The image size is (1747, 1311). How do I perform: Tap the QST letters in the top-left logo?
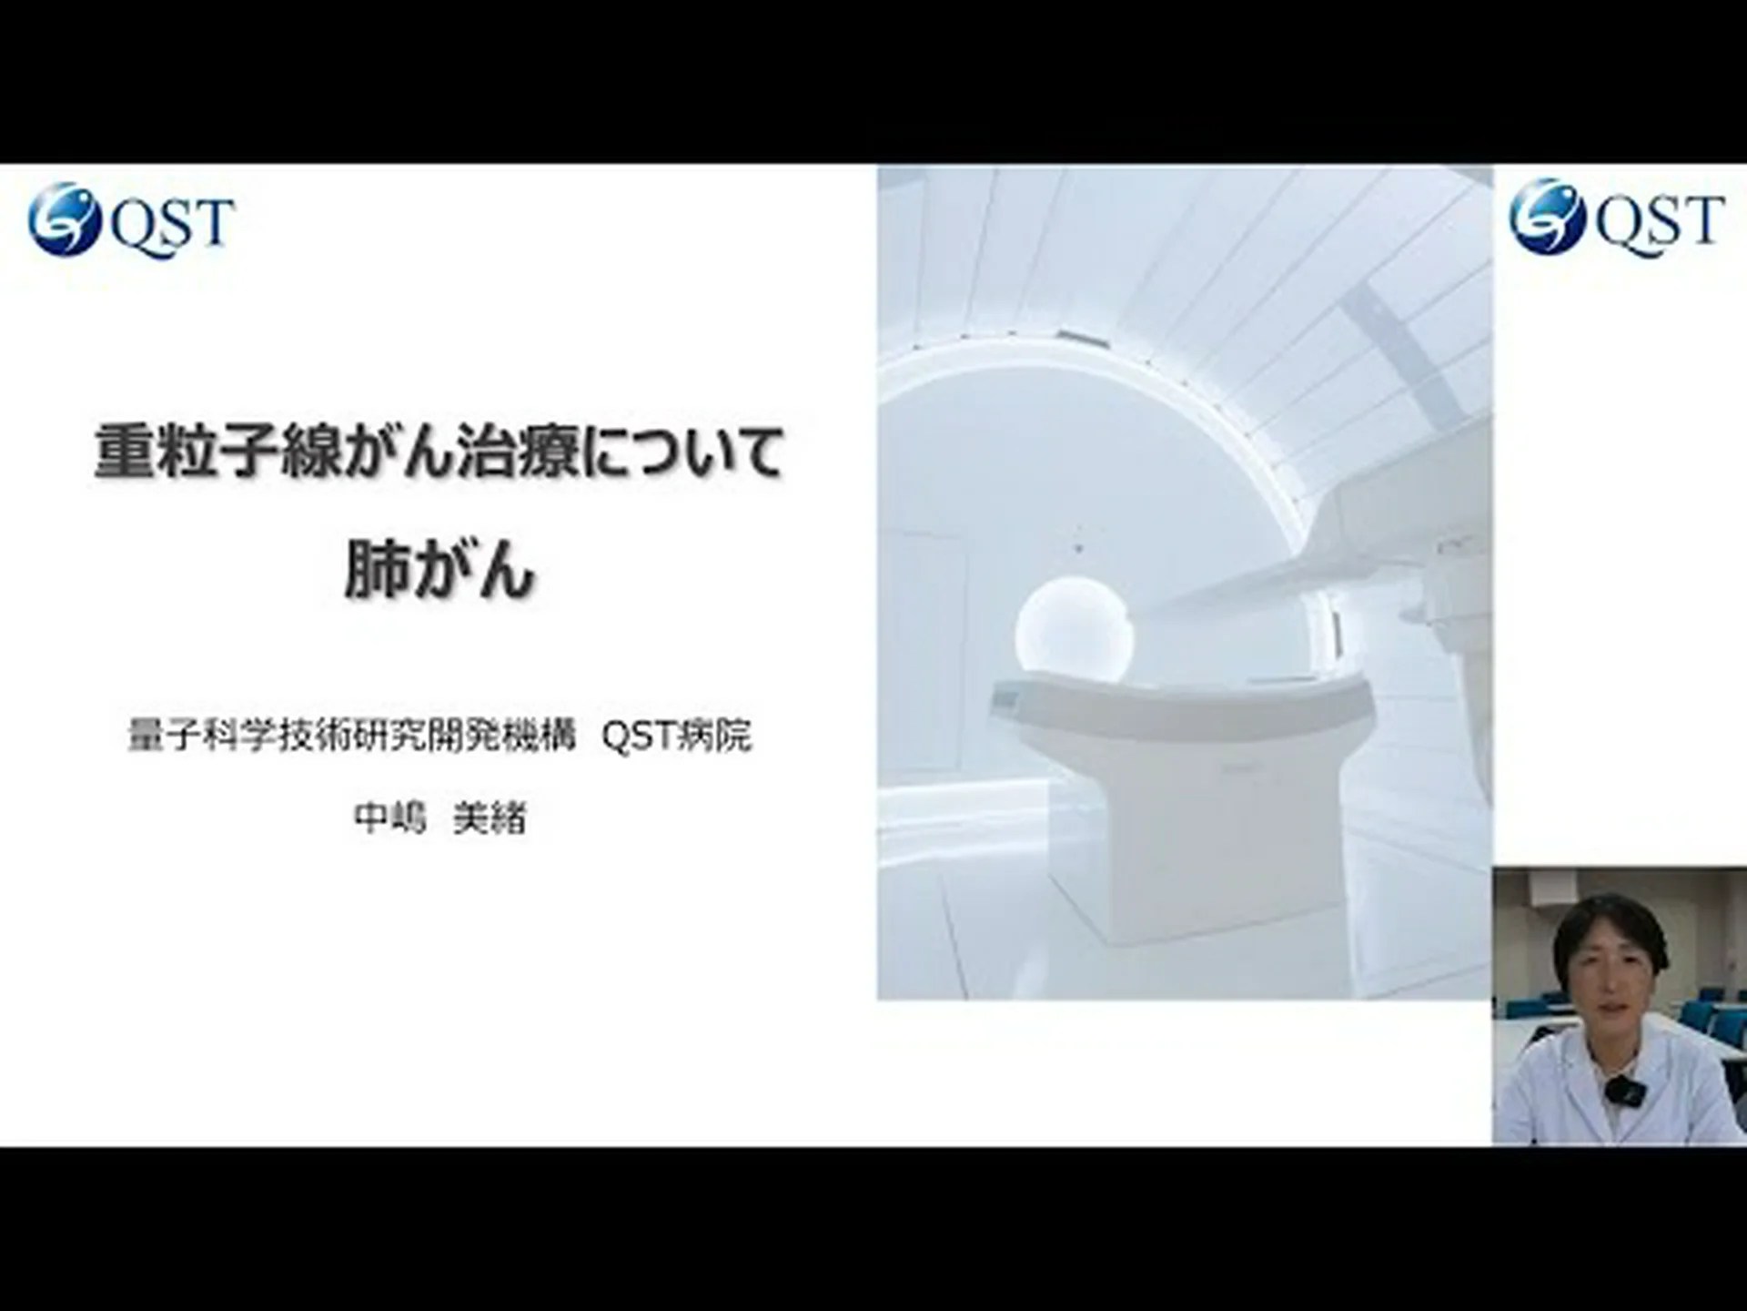click(x=172, y=222)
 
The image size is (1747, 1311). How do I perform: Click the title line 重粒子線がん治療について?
click(x=439, y=452)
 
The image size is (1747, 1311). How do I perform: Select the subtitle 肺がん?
click(x=439, y=572)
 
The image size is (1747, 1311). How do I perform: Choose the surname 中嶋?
click(x=389, y=818)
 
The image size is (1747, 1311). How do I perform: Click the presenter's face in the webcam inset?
click(x=1609, y=988)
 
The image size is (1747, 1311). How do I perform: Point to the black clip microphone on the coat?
click(x=1619, y=1090)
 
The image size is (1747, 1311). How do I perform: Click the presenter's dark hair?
click(x=1609, y=920)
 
